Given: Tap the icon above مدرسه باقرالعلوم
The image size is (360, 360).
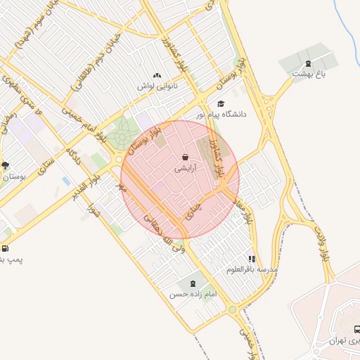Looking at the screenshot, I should [252, 258].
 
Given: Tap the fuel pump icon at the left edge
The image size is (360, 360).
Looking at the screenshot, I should [6, 248].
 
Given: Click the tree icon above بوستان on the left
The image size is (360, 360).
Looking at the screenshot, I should [6, 166].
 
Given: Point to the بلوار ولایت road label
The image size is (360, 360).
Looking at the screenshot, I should [325, 244].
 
